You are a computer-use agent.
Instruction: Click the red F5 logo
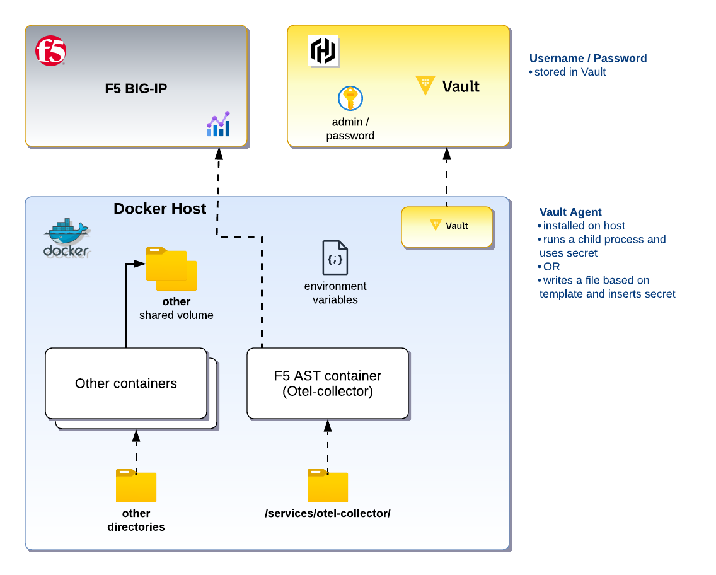pos(50,50)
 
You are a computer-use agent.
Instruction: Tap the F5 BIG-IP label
pos(136,89)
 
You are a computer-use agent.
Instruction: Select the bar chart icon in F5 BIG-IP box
pos(218,124)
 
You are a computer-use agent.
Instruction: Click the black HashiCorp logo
pos(323,50)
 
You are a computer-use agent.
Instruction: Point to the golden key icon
pos(350,98)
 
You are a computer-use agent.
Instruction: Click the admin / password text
pos(350,129)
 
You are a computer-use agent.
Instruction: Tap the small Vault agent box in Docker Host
pos(447,227)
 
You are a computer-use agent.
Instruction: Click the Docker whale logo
pos(67,238)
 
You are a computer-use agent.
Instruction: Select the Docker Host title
pos(160,209)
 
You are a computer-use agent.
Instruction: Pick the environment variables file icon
pos(335,258)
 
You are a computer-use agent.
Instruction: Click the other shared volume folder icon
pos(171,269)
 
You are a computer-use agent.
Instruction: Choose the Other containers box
pos(126,383)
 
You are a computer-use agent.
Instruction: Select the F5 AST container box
pos(327,383)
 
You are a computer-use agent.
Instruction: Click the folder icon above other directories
pos(136,485)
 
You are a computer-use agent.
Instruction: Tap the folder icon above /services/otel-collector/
pos(328,485)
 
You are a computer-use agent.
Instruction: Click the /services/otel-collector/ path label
pos(328,513)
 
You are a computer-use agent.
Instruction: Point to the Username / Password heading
pos(588,59)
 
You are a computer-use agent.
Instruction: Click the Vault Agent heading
pos(570,212)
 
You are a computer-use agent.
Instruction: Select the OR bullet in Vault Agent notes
pos(550,267)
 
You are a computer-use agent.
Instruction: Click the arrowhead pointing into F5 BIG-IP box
pos(219,153)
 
